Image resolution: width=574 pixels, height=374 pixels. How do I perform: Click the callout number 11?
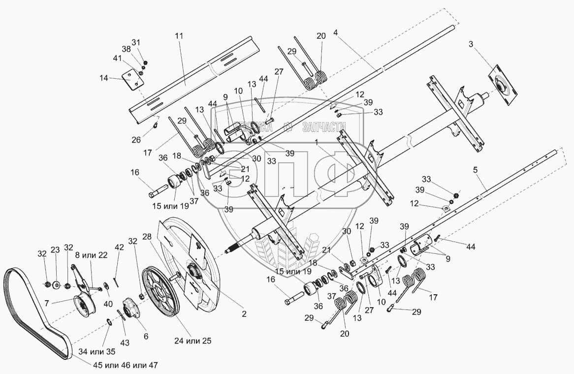tap(179, 36)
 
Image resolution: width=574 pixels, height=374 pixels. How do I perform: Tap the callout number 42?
tap(119, 247)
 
